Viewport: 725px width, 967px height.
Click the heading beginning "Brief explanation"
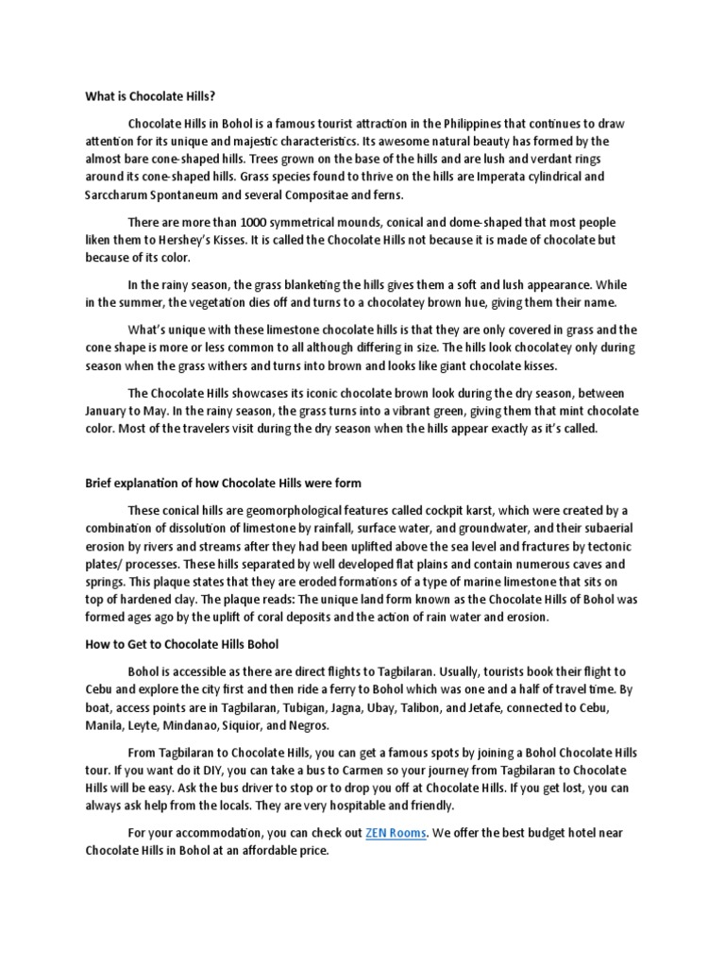223,483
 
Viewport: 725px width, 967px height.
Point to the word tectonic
610,548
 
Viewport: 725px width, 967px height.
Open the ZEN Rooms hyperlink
396,834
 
